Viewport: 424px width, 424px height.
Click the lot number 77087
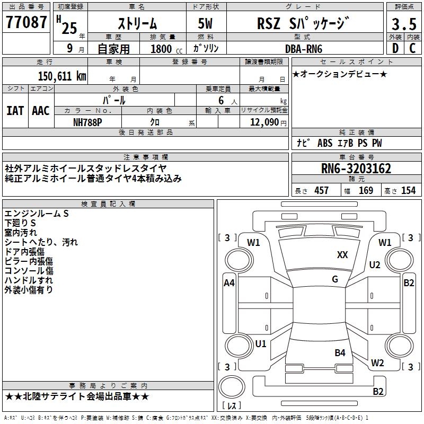coord(26,22)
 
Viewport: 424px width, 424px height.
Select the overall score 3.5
coord(403,24)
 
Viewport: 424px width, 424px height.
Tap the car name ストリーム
coord(136,24)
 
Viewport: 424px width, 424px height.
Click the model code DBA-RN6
coord(303,49)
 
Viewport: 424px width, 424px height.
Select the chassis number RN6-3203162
coord(356,169)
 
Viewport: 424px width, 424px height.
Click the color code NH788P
coord(87,121)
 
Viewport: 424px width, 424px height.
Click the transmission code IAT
coord(15,111)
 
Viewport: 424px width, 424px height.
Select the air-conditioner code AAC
coord(41,111)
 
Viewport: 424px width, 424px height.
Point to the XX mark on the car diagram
coord(342,255)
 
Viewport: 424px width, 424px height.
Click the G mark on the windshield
coord(335,279)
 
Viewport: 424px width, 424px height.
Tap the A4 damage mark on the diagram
coord(229,283)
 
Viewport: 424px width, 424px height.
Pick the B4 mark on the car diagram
coord(340,352)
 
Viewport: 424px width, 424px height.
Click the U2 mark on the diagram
coord(375,265)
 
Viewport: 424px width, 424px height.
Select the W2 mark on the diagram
coord(377,363)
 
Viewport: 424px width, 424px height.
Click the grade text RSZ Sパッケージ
coord(303,24)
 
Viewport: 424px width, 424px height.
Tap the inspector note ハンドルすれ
coord(29,280)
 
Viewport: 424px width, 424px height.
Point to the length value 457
coord(321,191)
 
